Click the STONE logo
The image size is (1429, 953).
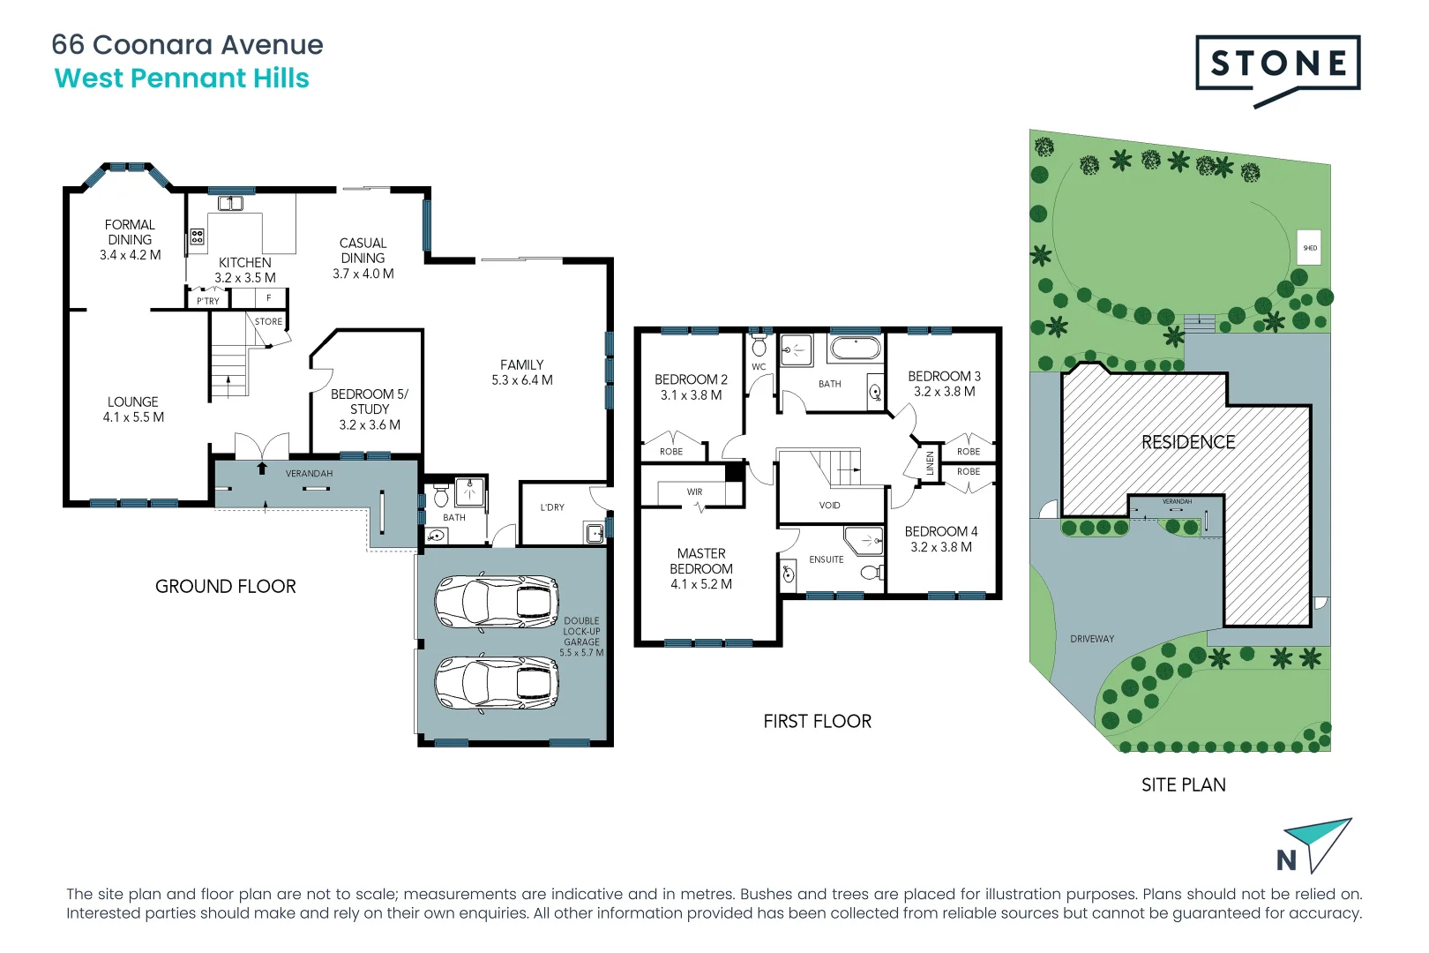(x=1277, y=64)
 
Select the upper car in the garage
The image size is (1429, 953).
(x=497, y=602)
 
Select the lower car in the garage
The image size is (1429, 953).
(x=497, y=684)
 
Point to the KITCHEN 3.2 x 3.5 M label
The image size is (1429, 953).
(x=245, y=270)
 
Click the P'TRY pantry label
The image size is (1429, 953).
(x=208, y=301)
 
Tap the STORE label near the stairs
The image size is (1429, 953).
(x=268, y=321)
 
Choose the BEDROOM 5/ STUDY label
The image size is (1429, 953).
(x=369, y=409)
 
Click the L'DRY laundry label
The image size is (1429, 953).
(x=552, y=507)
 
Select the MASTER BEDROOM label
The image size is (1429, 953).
(x=701, y=568)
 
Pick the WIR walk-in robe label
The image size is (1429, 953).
(x=695, y=492)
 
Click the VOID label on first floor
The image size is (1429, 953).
(x=829, y=506)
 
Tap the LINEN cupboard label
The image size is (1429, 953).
(x=930, y=462)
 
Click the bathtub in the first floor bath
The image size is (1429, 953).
(x=855, y=349)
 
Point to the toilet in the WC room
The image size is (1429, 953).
(x=759, y=345)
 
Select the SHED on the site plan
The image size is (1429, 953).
(x=1310, y=248)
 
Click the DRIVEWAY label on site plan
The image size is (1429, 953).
(x=1092, y=639)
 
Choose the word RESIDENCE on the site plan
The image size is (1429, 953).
(x=1188, y=442)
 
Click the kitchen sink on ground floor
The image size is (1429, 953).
(x=230, y=204)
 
